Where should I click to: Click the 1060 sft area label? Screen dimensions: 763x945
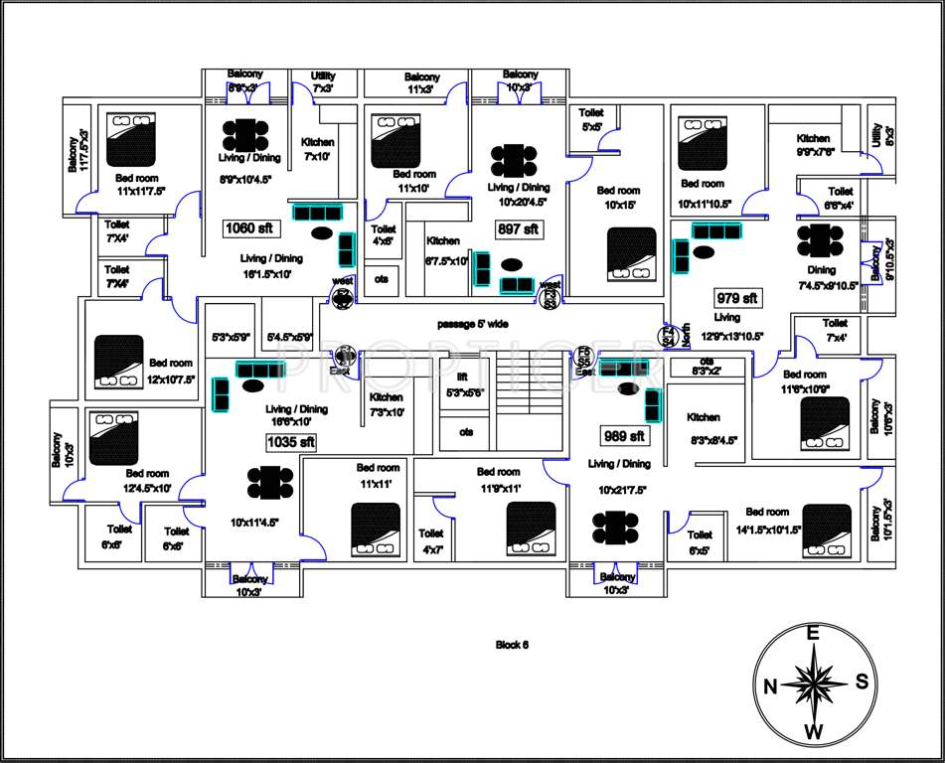click(x=249, y=229)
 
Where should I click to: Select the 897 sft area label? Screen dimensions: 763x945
click(x=518, y=229)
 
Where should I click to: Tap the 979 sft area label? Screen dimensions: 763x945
click(x=737, y=298)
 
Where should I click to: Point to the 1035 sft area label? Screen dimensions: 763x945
click(x=291, y=441)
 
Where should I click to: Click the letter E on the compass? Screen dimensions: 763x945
click(x=812, y=634)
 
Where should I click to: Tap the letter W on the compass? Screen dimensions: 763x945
click(x=813, y=733)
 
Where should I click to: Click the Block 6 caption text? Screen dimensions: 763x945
click(x=512, y=645)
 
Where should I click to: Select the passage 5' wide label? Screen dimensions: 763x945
click(x=473, y=324)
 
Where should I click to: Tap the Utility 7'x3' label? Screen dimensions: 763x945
click(x=323, y=82)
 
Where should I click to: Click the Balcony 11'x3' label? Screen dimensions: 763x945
click(x=422, y=83)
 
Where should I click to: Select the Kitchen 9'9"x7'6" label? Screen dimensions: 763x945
click(x=813, y=145)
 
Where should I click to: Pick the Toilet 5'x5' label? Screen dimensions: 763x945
click(x=592, y=120)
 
